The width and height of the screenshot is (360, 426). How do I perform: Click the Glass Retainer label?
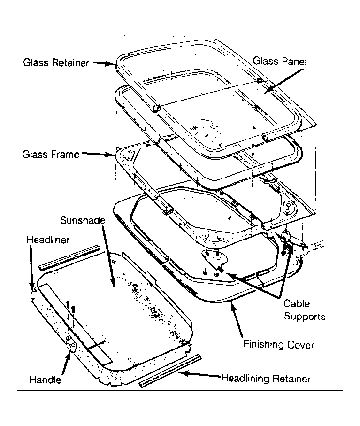coord(56,63)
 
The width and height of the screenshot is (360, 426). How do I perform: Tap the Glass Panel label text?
coord(280,61)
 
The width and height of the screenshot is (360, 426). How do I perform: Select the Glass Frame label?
coord(51,155)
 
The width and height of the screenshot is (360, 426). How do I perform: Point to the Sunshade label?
coord(83,220)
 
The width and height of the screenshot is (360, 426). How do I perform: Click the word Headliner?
coord(48,240)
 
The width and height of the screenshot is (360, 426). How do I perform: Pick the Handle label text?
coord(46,380)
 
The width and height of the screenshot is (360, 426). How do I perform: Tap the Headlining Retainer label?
coord(266,379)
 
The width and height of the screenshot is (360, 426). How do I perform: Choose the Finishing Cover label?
coord(278,344)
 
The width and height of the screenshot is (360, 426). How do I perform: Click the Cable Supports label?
coord(304,310)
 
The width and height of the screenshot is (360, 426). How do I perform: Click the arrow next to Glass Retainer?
coord(104,63)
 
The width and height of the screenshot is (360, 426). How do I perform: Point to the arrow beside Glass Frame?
coord(98,154)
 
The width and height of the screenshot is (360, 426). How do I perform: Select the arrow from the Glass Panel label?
coord(283,82)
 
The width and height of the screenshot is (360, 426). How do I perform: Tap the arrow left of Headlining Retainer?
coord(200,375)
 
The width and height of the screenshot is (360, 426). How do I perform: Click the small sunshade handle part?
coord(71,343)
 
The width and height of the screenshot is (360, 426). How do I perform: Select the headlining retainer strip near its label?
coord(170,371)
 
